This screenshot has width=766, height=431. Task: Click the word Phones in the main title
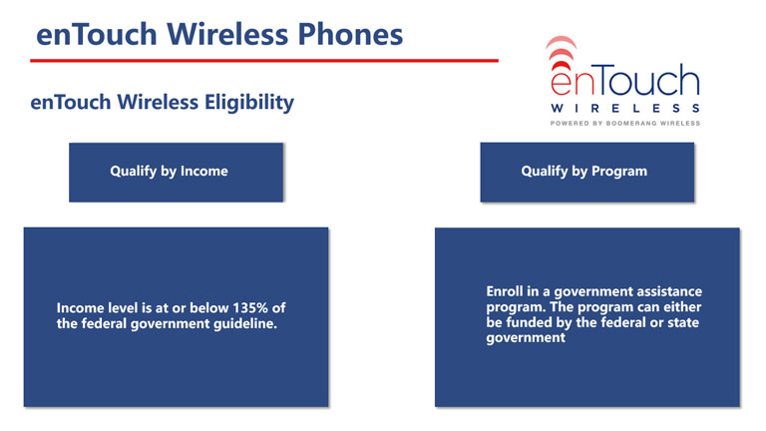[x=350, y=34]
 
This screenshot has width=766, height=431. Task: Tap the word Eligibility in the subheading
[x=249, y=103]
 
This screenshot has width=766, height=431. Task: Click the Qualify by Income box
[x=176, y=172]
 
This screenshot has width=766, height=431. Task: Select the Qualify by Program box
[x=587, y=172]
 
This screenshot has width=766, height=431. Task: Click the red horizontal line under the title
[x=264, y=61]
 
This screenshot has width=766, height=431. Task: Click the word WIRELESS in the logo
[x=625, y=108]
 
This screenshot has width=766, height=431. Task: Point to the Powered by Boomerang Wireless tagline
[x=625, y=123]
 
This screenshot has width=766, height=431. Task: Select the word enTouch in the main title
[x=97, y=34]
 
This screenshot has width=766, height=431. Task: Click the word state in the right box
[x=683, y=322]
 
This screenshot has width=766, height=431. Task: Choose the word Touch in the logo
[x=647, y=81]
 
